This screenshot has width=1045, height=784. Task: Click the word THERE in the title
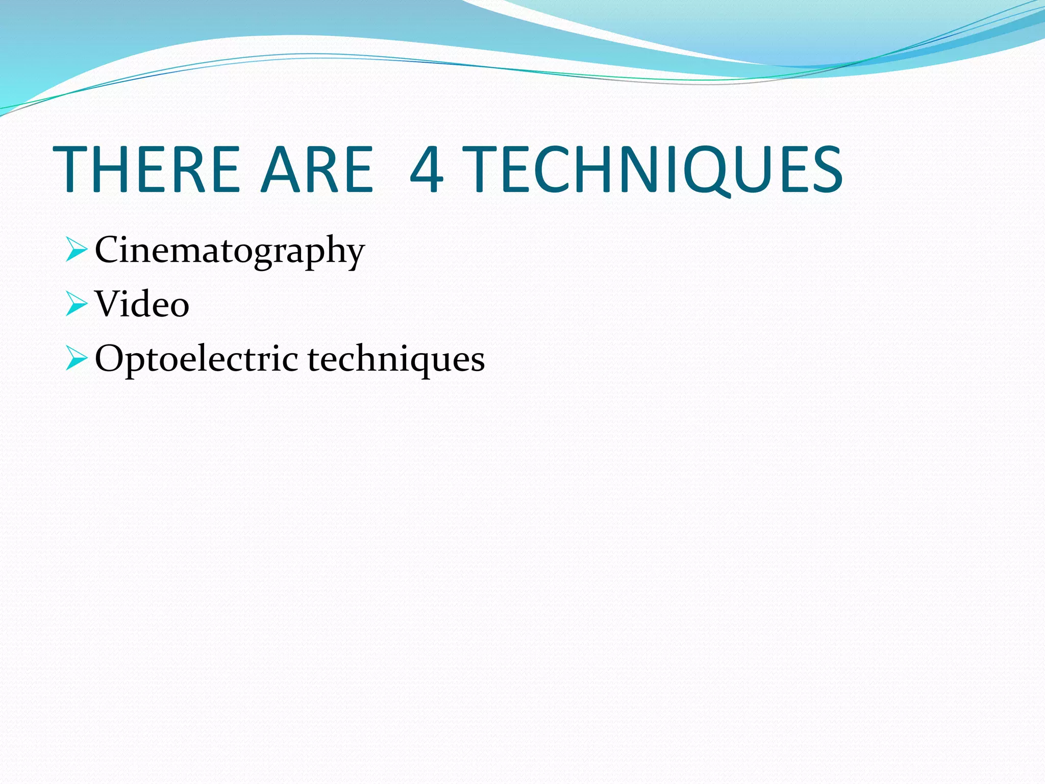coord(146,169)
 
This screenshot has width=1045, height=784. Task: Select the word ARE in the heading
coord(317,169)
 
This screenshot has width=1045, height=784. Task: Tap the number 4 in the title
coord(427,169)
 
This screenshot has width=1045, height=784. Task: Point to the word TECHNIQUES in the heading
coord(655,169)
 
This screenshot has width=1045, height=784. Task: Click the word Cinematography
coord(230,250)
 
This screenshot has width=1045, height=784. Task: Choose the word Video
coord(142,304)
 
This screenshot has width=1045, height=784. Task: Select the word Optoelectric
coord(196,359)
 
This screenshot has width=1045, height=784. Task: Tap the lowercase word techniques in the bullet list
coord(396,359)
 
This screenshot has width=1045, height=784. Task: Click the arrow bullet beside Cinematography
coord(77,251)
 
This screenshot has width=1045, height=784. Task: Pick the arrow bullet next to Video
coord(77,305)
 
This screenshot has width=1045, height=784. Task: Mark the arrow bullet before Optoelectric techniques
coord(77,359)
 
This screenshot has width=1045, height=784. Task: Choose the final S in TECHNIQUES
coord(825,169)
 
